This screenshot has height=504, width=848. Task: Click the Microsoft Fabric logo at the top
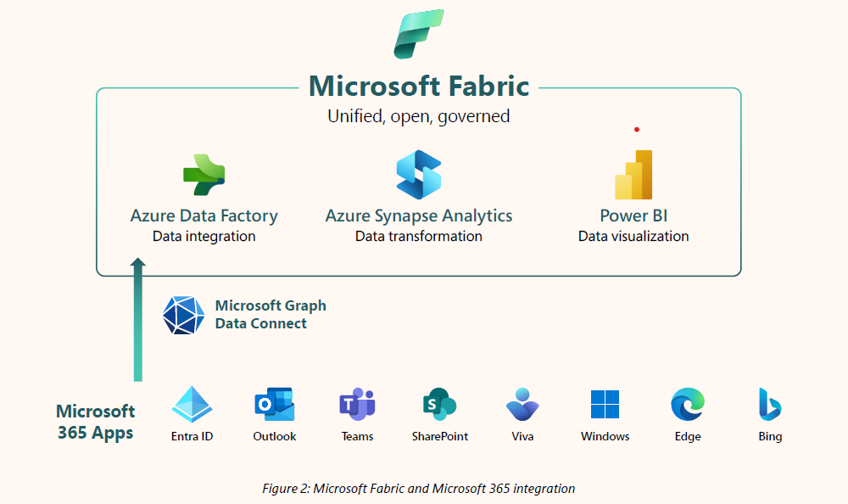tap(419, 34)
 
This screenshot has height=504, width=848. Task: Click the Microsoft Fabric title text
tap(419, 86)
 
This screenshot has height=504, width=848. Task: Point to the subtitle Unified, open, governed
tap(419, 116)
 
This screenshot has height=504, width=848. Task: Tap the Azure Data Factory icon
tap(204, 175)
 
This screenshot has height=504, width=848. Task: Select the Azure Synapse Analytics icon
tap(419, 175)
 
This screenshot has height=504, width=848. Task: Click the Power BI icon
tap(633, 175)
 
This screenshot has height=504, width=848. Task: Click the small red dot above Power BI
tap(636, 130)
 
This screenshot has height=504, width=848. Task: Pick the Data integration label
tap(204, 237)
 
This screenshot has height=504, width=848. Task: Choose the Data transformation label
tap(419, 237)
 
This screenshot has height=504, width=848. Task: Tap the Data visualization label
tap(633, 237)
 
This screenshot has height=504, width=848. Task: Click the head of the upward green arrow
tap(138, 266)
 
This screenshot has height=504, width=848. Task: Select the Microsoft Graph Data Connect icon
tap(183, 315)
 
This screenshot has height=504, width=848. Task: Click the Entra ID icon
tap(192, 404)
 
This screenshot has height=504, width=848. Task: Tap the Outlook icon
tap(274, 404)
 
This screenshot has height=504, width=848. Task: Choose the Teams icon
tap(357, 405)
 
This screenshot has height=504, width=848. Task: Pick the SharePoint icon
tap(439, 405)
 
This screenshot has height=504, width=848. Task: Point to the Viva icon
tap(522, 405)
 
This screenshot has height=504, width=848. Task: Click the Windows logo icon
tap(605, 405)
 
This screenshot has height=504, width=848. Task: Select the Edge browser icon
tap(687, 405)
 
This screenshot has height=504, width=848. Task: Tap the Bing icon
tap(770, 405)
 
